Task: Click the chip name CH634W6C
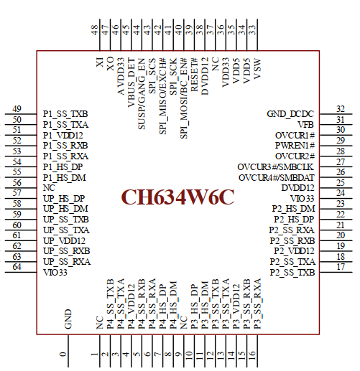(177, 198)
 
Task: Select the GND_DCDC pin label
(290, 114)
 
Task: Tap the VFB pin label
(306, 124)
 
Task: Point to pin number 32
(341, 109)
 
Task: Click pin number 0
(63, 354)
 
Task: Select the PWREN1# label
(295, 145)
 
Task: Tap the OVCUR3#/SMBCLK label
(276, 166)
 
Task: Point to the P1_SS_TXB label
(65, 114)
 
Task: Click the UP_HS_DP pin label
(64, 198)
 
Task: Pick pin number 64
(17, 268)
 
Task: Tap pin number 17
(341, 267)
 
